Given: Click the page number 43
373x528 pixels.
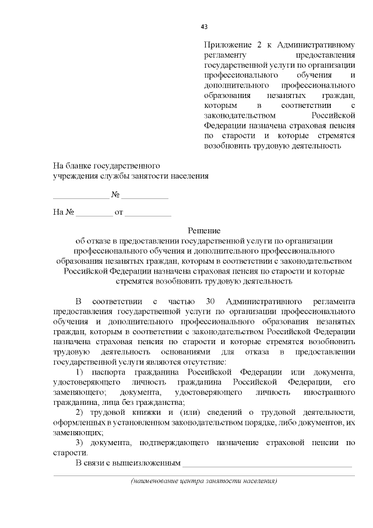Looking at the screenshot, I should tap(203, 26).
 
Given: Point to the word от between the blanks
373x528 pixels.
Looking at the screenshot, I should tap(119, 212).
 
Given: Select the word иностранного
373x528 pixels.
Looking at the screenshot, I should tap(330, 392).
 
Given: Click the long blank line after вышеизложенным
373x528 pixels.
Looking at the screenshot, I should tap(268, 465).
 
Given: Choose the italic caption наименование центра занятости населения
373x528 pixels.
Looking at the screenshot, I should tap(203, 481).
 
